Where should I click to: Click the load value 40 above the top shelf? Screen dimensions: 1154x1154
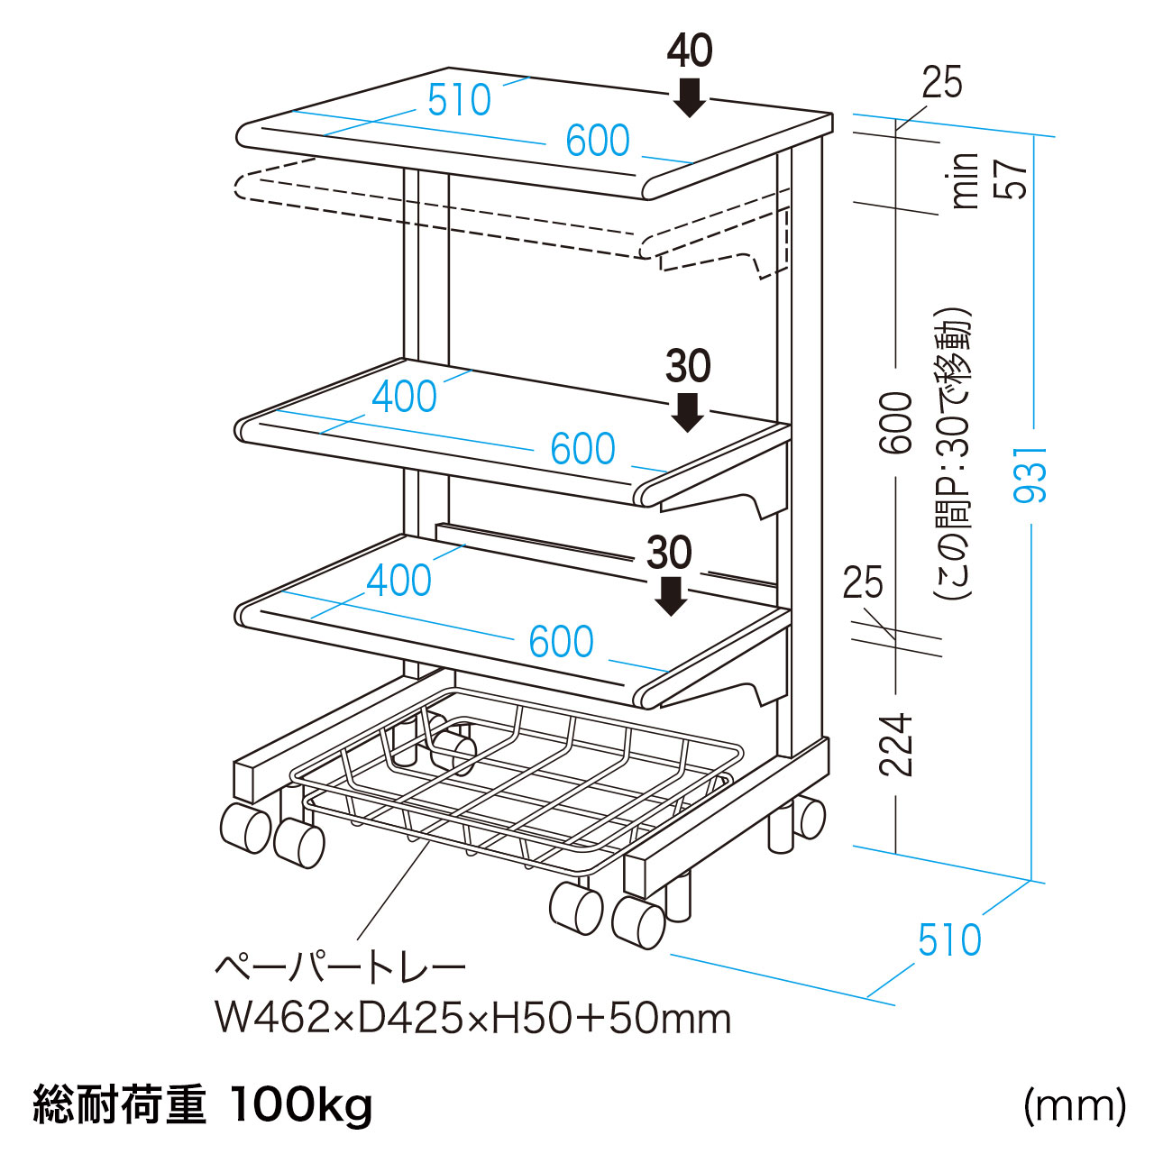[690, 51]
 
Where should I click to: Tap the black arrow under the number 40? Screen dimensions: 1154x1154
[690, 96]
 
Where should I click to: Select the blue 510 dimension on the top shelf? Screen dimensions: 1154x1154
[460, 100]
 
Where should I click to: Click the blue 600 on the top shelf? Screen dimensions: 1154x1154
[597, 141]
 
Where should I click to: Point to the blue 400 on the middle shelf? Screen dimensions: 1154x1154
[404, 397]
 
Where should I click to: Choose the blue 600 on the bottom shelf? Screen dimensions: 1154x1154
[561, 642]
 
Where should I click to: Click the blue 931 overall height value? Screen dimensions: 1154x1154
[1030, 474]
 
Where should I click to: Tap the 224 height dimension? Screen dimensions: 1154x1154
[897, 745]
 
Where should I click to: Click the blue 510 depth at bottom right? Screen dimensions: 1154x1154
[949, 940]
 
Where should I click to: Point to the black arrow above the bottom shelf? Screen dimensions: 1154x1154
[670, 595]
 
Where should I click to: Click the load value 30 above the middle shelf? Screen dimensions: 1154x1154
[688, 367]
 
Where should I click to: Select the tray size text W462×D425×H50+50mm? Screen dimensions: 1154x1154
[472, 1019]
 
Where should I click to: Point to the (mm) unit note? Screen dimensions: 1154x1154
[1074, 1104]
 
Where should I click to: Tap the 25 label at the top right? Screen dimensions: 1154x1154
[942, 83]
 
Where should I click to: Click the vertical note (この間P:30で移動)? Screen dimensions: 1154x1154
[954, 455]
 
